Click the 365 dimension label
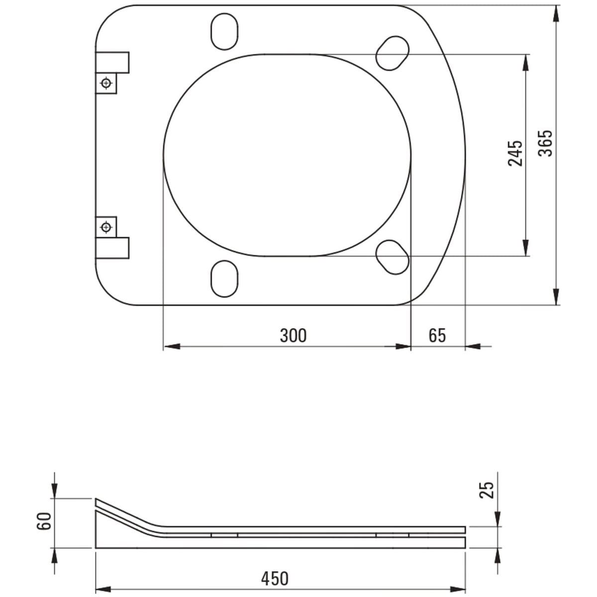(545, 143)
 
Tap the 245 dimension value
(515, 153)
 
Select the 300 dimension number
(293, 335)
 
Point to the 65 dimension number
(437, 335)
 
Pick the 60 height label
(44, 521)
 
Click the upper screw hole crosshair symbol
(106, 83)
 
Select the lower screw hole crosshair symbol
(106, 227)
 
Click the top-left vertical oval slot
(224, 31)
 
